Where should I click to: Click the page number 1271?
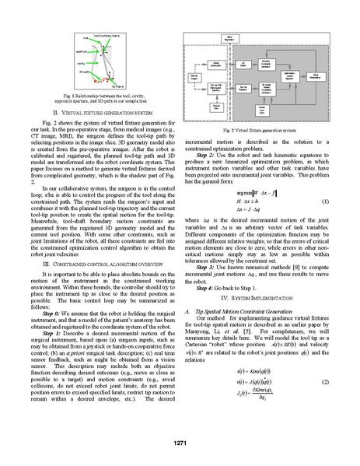[180, 443]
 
